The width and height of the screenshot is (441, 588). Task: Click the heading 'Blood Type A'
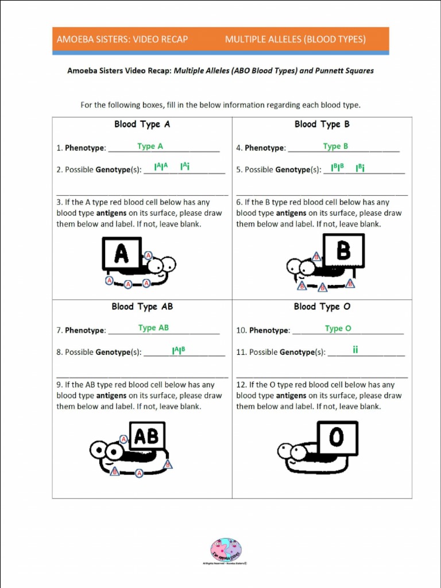[x=142, y=124]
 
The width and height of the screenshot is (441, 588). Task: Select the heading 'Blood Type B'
[x=322, y=124]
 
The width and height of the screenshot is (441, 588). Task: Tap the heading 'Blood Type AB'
[x=142, y=307]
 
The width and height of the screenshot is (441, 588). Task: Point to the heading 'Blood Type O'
[x=322, y=307]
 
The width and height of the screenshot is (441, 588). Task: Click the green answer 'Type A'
[x=150, y=146]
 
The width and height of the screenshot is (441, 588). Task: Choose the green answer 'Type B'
[x=335, y=146]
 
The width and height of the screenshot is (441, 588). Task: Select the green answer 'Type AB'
[x=153, y=328]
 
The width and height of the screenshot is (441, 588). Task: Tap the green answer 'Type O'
[x=338, y=328]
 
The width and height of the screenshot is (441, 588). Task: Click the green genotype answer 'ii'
[x=355, y=349]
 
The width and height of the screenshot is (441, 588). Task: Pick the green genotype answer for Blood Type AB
[x=179, y=350]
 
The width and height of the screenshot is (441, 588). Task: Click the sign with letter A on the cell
[x=122, y=253]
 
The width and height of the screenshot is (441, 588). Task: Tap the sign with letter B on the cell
[x=343, y=250]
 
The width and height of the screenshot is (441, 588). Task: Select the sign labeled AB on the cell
[x=147, y=436]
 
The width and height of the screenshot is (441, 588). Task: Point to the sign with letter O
[x=337, y=438]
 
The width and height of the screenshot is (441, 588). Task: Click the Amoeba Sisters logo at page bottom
[x=226, y=550]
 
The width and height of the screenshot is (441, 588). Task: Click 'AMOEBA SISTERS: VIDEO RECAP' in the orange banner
[x=122, y=40]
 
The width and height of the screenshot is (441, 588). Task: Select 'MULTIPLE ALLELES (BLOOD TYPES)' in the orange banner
[x=295, y=40]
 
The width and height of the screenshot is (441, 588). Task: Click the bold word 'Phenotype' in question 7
[x=85, y=331]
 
